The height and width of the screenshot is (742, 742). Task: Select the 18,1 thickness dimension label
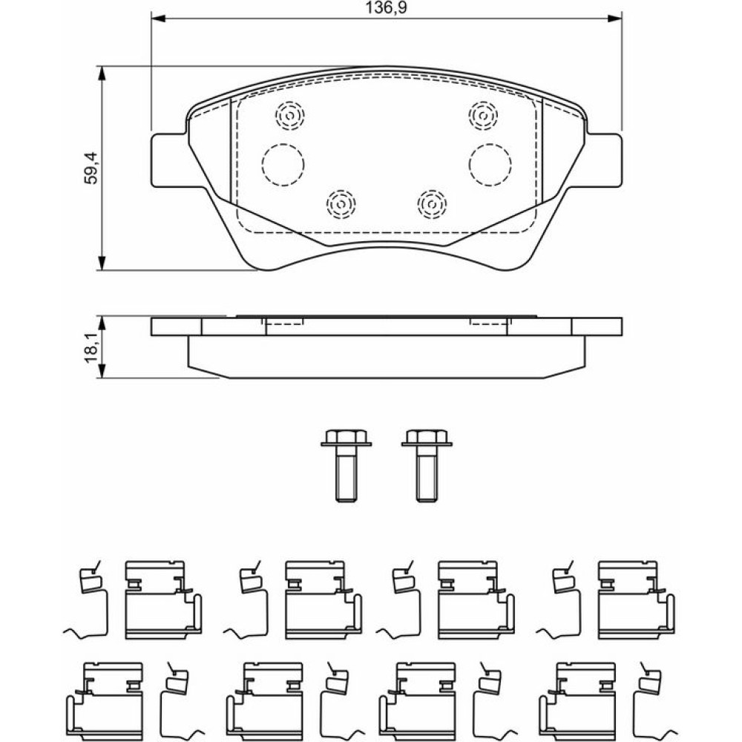click(91, 348)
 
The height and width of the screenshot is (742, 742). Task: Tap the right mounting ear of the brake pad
click(605, 160)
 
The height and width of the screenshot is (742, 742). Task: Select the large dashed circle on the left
click(283, 164)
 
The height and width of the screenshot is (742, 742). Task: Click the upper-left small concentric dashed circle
click(289, 114)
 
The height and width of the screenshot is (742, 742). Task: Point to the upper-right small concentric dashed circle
click(483, 114)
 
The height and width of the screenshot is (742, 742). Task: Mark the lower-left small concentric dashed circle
click(341, 202)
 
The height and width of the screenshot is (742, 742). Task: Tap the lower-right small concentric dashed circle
click(431, 202)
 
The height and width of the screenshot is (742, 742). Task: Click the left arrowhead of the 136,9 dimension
click(157, 18)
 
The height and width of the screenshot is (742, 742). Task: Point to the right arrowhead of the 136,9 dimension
click(616, 18)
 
